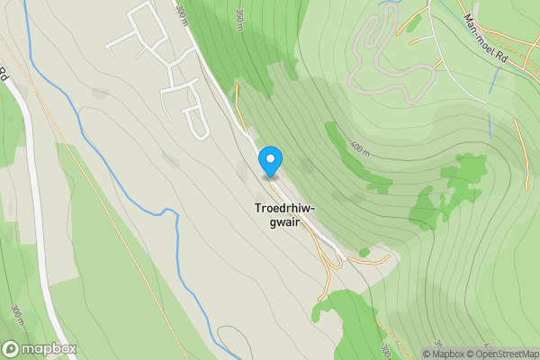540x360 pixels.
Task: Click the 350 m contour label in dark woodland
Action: tap(240, 20)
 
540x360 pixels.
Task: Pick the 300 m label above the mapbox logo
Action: tap(17, 316)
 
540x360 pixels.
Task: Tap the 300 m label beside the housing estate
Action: tap(183, 15)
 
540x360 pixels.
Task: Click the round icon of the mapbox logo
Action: tap(12, 348)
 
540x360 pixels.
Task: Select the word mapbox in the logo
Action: tap(49, 348)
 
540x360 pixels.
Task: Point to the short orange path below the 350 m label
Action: tap(237, 94)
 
